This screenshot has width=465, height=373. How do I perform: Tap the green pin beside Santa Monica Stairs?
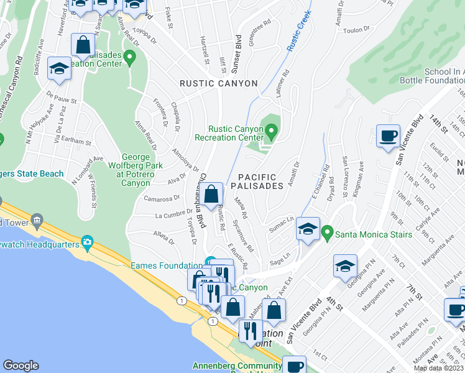327,234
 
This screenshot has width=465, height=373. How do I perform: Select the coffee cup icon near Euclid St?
389,136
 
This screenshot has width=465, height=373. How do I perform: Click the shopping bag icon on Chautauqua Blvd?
211,193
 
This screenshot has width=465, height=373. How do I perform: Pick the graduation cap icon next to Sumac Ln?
308,229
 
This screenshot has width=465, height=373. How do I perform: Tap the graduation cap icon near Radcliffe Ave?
59,68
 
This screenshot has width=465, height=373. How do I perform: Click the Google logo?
21,366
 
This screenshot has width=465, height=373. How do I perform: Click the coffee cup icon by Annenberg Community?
294,366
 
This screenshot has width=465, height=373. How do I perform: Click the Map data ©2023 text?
438,368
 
